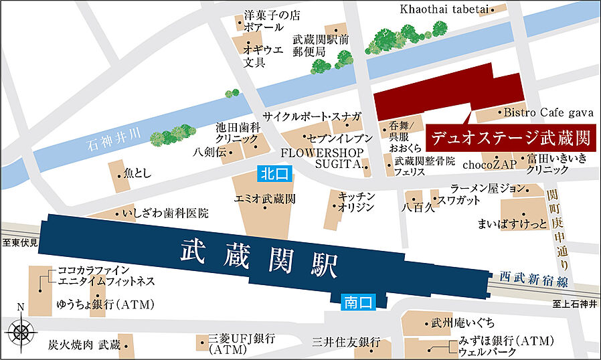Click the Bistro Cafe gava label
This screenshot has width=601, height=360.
coord(545,112)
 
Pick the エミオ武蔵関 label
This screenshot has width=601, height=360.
coord(265,199)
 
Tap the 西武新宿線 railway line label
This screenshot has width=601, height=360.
coord(533,278)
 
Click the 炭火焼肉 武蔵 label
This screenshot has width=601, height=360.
coord(84,345)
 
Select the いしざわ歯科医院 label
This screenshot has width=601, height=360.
coord(165,214)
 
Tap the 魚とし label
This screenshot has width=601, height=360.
coord(137,174)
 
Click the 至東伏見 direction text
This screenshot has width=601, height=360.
coord(18,244)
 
